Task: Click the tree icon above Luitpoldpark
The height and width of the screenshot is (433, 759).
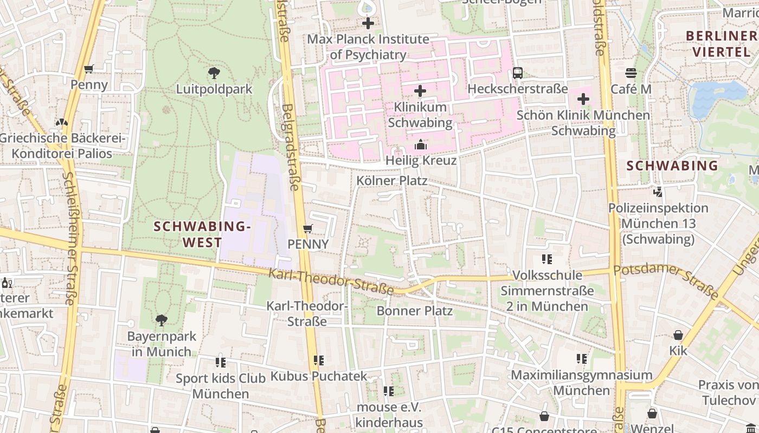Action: pos(214,73)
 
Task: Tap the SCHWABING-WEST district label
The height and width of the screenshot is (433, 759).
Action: pos(202,234)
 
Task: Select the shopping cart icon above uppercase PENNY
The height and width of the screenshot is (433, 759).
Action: pos(308,228)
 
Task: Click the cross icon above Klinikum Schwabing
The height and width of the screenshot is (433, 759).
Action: pos(420,91)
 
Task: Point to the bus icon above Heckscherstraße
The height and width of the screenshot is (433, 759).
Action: pos(518,73)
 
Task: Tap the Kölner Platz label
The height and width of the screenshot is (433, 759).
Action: pos(392,180)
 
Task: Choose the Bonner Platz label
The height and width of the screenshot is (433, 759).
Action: pos(414,311)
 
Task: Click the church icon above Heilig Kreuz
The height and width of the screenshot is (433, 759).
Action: pos(421,145)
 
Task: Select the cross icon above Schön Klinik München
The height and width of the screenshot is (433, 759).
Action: pos(583,99)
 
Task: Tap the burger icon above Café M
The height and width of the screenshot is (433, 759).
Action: pos(631,73)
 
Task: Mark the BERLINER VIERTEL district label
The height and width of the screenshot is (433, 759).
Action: pos(721,44)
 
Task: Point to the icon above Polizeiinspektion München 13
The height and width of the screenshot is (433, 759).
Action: pos(658,192)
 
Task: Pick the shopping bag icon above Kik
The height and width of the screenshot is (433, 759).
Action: pos(678,334)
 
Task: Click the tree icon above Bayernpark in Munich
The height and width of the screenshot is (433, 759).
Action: pos(161,320)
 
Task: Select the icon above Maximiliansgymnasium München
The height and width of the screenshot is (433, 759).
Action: pos(582,358)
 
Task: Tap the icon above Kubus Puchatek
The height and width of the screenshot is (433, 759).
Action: pos(319,360)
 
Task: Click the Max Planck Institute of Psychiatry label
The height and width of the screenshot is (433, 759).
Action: pos(368,47)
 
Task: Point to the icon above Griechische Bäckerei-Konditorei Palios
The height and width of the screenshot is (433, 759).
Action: pos(62,122)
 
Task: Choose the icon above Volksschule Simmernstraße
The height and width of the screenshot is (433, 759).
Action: pos(547,259)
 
